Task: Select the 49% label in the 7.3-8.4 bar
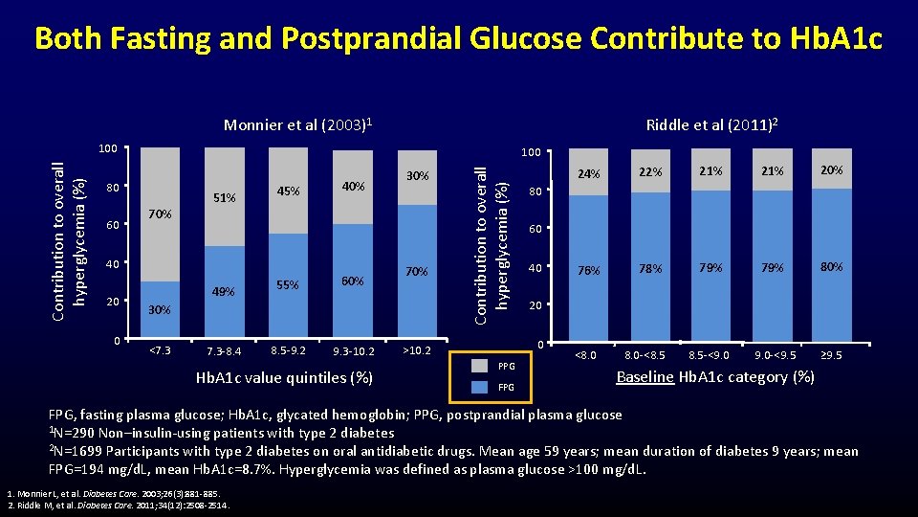pos(224,292)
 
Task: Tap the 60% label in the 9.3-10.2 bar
pos(352,281)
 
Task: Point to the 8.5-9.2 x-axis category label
pos(288,350)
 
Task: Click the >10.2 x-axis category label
pos(416,349)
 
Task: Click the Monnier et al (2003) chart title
pos(297,125)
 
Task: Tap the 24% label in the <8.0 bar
pos(589,173)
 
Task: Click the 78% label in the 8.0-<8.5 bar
pos(650,269)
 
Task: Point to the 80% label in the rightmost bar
pos(831,267)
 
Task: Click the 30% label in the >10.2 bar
pos(416,175)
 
